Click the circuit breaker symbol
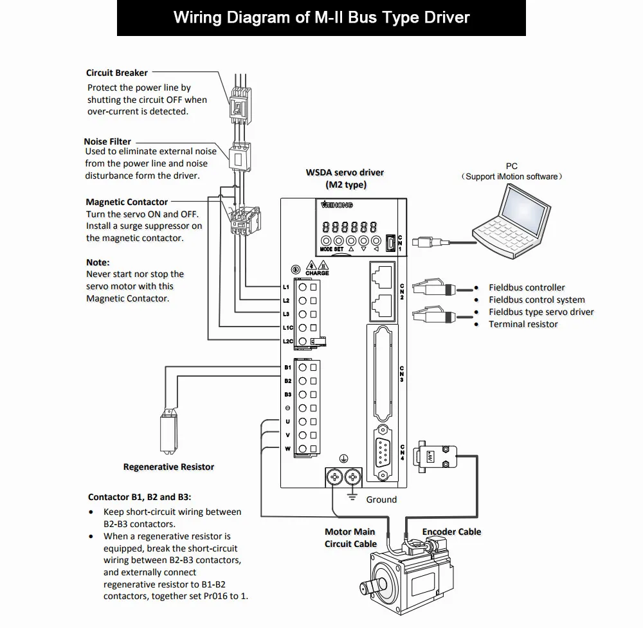point(240,105)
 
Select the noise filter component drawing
point(239,157)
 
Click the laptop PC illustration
point(511,220)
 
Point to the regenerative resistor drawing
point(168,431)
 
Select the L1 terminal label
point(286,287)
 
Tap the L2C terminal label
point(288,341)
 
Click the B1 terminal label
point(287,367)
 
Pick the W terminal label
point(287,449)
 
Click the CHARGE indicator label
point(317,273)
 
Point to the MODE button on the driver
point(325,249)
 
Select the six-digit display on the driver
point(349,227)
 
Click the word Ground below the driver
point(381,499)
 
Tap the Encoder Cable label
point(451,531)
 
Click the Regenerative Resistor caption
point(168,467)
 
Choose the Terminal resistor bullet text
point(523,324)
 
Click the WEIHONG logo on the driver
point(337,204)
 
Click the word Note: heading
point(98,262)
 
